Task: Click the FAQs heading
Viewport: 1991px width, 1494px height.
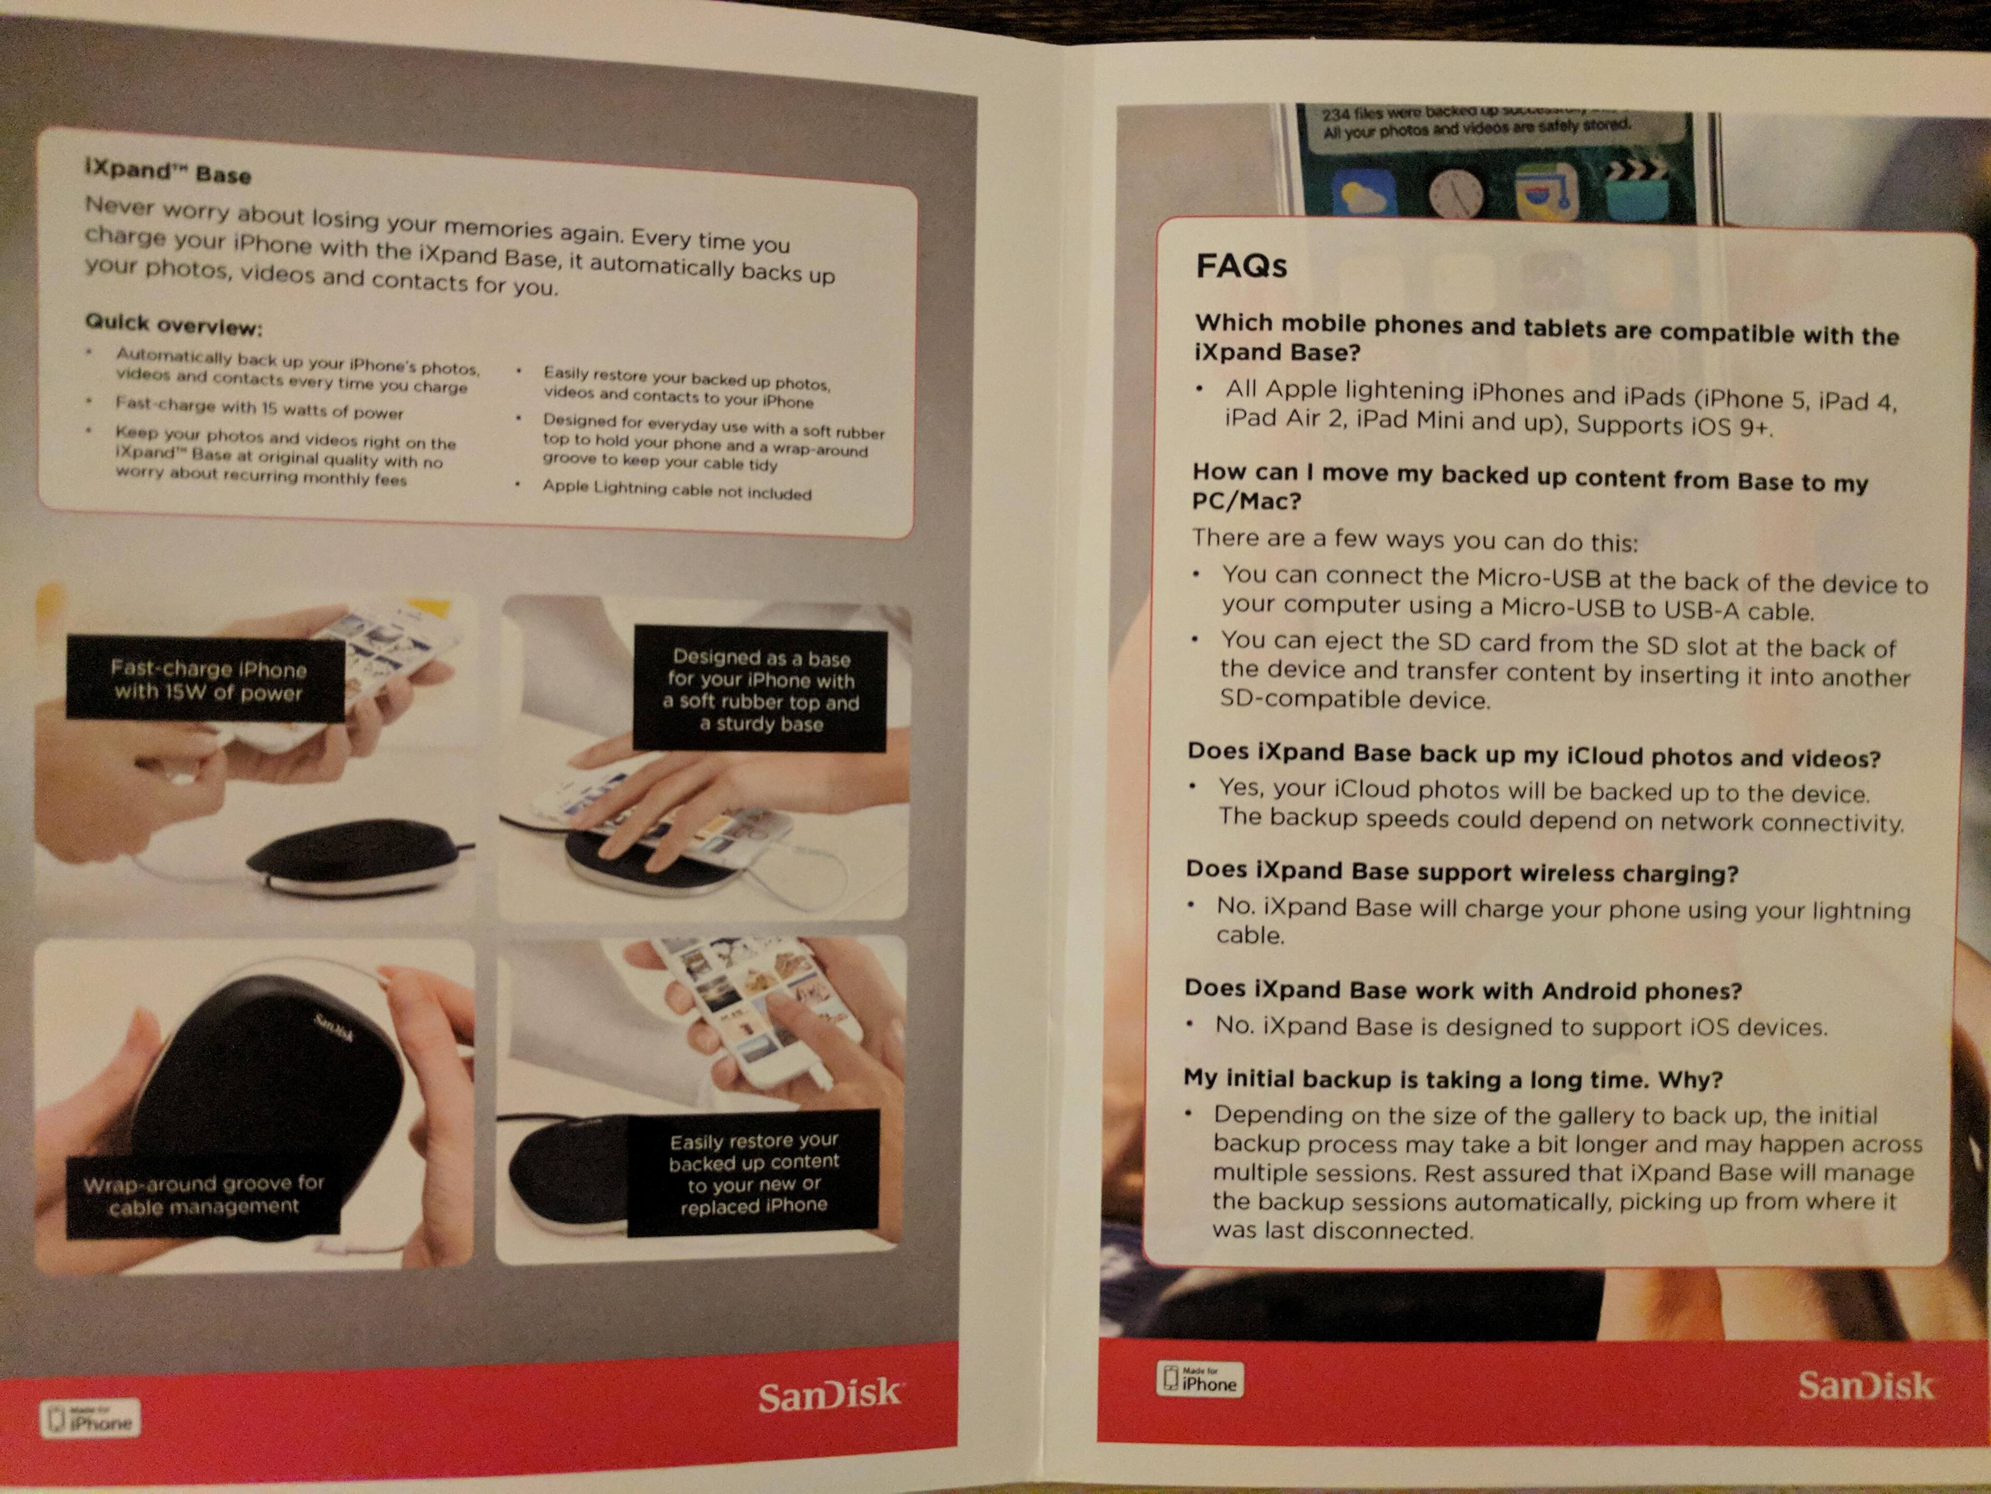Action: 1241,266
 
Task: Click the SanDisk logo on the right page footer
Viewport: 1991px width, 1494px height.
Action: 1865,1386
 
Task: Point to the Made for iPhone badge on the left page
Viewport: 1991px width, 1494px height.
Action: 90,1419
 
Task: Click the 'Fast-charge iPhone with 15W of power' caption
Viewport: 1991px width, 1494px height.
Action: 207,680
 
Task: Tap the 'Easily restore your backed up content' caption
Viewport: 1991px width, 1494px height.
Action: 753,1174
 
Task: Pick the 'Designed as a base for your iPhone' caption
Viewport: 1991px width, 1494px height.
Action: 761,690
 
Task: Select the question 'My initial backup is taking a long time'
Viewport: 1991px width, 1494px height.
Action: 1453,1079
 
